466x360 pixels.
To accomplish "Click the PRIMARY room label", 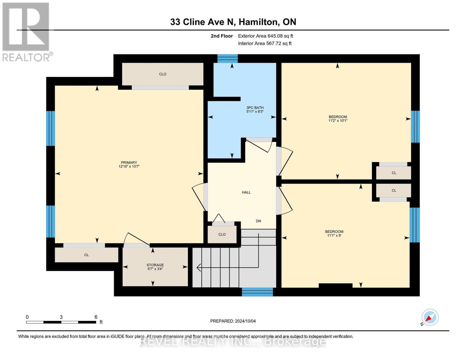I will [x=129, y=163].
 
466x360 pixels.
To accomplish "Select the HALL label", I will [x=246, y=193].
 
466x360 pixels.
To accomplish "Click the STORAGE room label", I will [x=155, y=265].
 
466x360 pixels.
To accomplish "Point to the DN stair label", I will [x=258, y=221].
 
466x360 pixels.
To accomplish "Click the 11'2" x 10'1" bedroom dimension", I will [x=338, y=121].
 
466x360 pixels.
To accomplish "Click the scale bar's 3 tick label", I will [x=61, y=317].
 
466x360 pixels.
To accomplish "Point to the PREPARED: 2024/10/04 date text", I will [x=233, y=321].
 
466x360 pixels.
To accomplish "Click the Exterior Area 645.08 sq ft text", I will [x=265, y=36].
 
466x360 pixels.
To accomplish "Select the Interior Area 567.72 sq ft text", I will [x=265, y=43].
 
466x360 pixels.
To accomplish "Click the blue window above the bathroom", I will [x=227, y=58].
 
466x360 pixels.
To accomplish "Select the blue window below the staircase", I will [x=257, y=292].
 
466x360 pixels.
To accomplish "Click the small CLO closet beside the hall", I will [x=222, y=234].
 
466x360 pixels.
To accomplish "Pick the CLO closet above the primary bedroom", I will [x=163, y=74].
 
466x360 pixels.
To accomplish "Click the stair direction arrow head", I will [x=198, y=267].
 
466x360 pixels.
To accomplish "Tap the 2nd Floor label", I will [x=222, y=36].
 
